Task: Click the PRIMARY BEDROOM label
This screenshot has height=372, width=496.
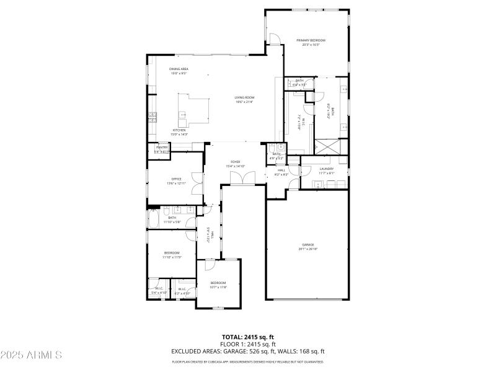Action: pyautogui.click(x=314, y=40)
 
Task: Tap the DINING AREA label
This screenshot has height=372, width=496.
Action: pyautogui.click(x=179, y=69)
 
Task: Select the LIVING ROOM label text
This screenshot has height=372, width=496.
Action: pyautogui.click(x=245, y=97)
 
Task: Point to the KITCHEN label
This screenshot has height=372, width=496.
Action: pyautogui.click(x=179, y=130)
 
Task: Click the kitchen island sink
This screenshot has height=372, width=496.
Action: pyautogui.click(x=182, y=114)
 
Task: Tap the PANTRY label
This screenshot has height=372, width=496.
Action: pyautogui.click(x=162, y=147)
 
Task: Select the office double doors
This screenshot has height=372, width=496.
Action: pyautogui.click(x=198, y=184)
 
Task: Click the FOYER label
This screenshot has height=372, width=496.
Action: pyautogui.click(x=236, y=162)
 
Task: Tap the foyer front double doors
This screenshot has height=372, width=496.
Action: pyautogui.click(x=241, y=179)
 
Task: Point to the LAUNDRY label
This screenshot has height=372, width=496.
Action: pyautogui.click(x=327, y=169)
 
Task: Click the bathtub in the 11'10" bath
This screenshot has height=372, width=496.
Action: pyautogui.click(x=154, y=219)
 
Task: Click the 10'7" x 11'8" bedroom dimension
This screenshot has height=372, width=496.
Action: pyautogui.click(x=218, y=287)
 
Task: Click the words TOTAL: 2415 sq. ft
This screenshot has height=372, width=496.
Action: pyautogui.click(x=247, y=337)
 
